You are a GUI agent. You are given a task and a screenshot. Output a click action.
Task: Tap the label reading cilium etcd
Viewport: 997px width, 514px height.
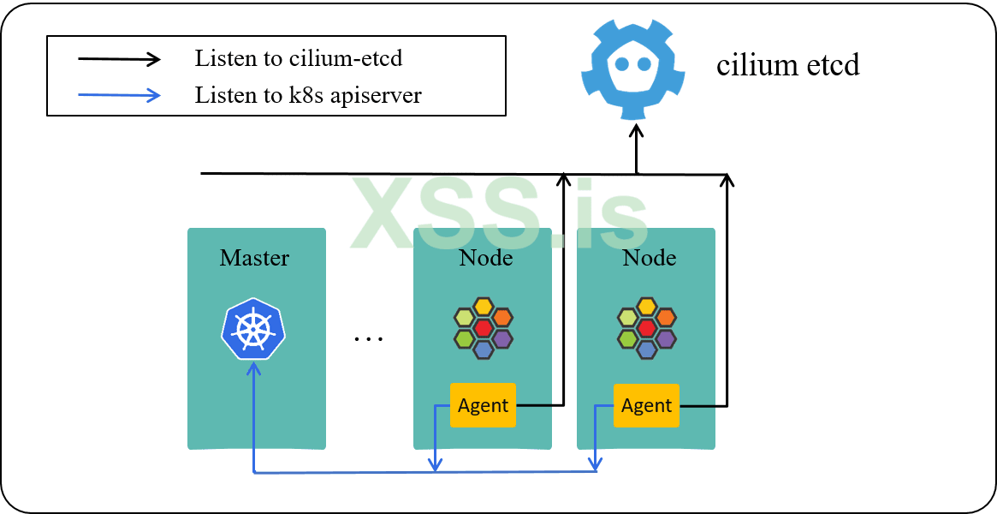[787, 65]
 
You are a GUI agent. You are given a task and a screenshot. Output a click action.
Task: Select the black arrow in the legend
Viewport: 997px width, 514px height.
[120, 59]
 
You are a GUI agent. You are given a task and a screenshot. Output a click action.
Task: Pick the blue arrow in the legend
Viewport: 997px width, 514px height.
[120, 95]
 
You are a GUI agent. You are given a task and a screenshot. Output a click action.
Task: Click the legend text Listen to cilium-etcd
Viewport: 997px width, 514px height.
[299, 59]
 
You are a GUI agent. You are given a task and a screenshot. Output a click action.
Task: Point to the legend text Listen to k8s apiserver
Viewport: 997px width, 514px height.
[308, 95]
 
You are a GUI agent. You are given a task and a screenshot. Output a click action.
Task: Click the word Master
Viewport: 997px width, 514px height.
[255, 258]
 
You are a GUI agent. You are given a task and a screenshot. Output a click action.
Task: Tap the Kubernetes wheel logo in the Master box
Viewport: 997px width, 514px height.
[253, 329]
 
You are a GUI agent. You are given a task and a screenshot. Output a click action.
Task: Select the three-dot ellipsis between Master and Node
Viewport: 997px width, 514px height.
[369, 338]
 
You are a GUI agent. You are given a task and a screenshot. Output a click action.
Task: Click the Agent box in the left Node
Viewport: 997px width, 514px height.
[484, 405]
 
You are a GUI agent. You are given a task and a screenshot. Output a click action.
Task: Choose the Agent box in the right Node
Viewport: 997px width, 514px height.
[647, 405]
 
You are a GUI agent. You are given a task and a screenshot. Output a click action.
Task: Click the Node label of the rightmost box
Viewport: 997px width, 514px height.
[649, 258]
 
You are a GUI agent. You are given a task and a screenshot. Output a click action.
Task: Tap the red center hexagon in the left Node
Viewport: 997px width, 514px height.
[484, 328]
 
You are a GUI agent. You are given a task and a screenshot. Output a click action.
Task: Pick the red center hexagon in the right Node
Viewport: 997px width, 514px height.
[647, 328]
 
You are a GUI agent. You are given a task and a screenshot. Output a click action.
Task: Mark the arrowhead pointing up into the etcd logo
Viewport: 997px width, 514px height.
[636, 130]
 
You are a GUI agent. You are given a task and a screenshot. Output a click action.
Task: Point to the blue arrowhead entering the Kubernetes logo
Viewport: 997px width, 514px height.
[253, 368]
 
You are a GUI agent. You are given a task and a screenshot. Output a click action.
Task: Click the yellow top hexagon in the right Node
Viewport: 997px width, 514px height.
[647, 307]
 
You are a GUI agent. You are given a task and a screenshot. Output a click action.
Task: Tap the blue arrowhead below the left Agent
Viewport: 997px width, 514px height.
[435, 465]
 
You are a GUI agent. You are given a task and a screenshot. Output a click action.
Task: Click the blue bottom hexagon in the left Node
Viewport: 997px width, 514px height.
[484, 350]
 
